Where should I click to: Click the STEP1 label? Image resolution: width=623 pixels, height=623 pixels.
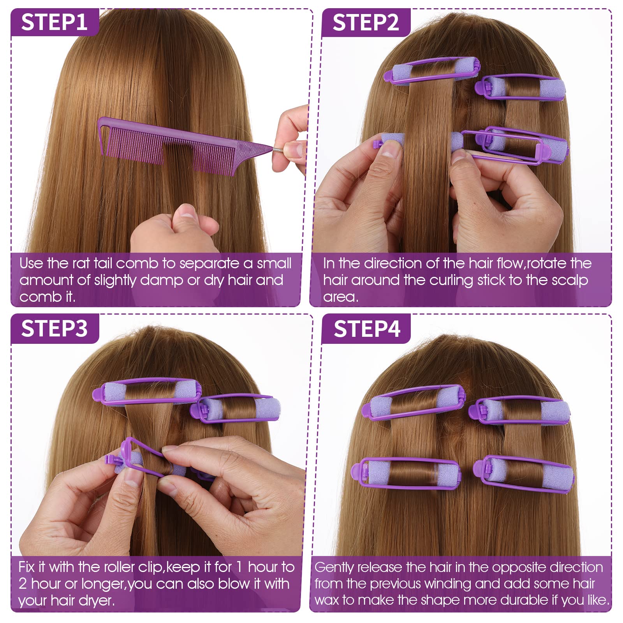(x=54, y=22)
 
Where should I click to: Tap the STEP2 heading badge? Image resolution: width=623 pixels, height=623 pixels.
(x=366, y=22)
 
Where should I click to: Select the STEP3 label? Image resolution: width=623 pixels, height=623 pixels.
(x=54, y=329)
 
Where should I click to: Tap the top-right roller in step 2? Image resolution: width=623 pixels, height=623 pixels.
(x=520, y=87)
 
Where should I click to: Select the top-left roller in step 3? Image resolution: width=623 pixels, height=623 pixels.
(x=147, y=391)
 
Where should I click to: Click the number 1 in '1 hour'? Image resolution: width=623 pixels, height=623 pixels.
(x=240, y=567)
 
